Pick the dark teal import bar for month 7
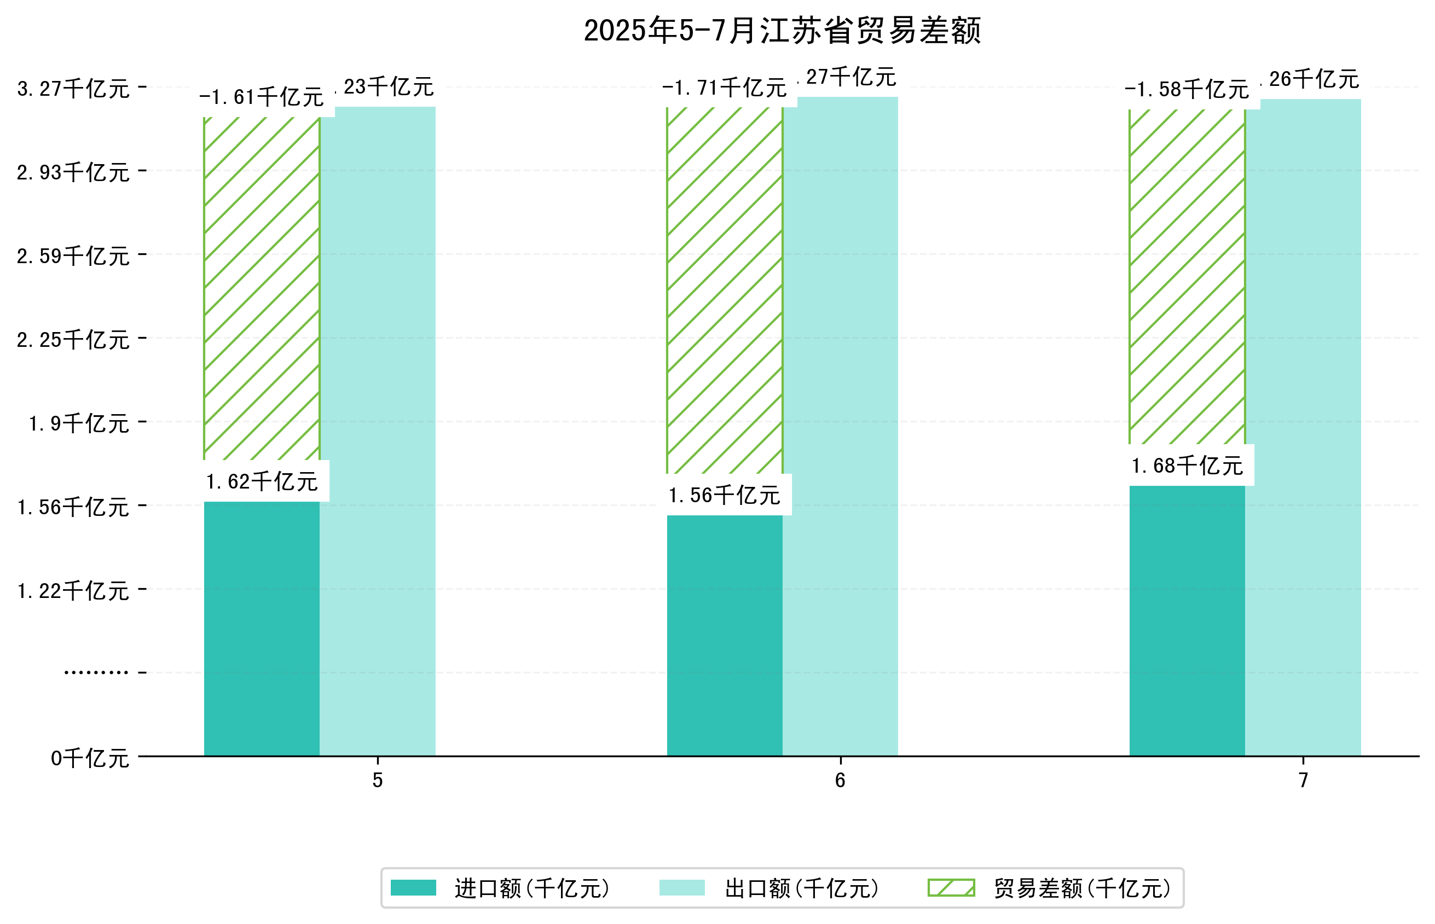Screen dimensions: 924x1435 coord(1187,620)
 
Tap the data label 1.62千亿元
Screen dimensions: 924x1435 coord(262,481)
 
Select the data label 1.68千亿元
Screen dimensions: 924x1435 coord(1187,466)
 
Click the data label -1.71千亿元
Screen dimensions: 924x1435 coord(724,88)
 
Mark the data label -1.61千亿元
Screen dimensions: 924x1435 coord(261,97)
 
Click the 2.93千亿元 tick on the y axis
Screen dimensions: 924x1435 coord(73,172)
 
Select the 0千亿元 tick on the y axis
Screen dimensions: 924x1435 coord(90,758)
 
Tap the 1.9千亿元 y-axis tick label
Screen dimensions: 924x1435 coord(79,423)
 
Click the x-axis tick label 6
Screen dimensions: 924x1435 coord(840,781)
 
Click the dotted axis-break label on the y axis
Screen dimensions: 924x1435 coord(96,672)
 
